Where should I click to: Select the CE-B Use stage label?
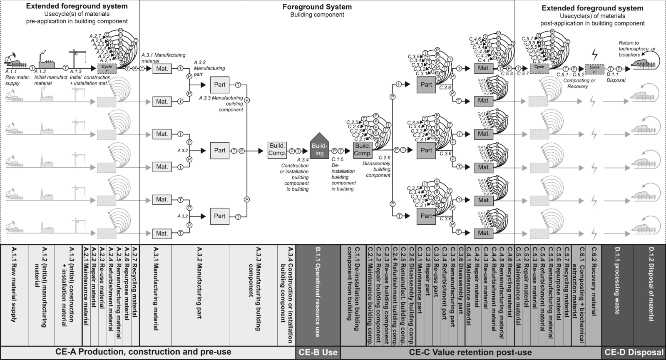coord(318,352)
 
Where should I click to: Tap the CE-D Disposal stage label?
coord(634,352)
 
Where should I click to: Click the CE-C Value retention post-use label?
coord(471,352)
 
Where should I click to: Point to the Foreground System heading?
coord(317,7)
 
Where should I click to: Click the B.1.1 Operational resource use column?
coord(318,291)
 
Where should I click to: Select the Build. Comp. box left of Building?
coord(277,150)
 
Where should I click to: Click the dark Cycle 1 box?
coord(107,68)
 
